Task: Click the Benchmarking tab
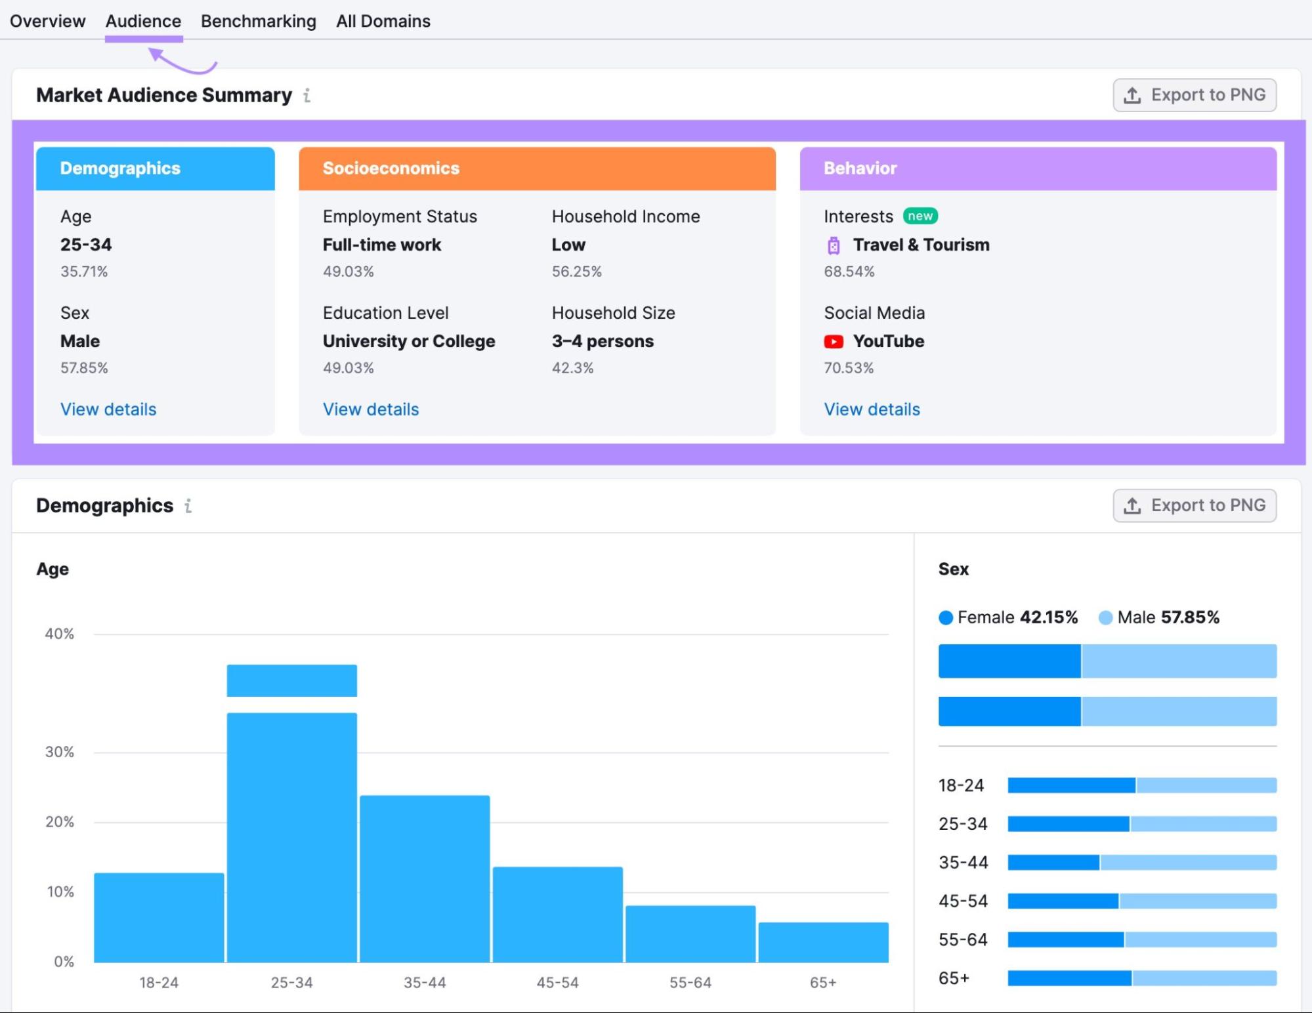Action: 258,21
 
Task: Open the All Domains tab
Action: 383,21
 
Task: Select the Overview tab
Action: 47,21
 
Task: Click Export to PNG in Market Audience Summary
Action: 1194,95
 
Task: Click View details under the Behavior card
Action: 872,409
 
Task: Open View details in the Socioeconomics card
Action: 370,409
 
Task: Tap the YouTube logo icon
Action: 834,341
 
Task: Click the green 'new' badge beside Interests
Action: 920,216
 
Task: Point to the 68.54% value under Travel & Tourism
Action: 849,272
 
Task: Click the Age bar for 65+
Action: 823,942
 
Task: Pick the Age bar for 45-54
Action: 557,915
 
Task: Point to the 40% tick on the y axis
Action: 59,634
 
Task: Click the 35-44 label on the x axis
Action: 425,982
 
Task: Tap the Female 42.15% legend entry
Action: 1008,617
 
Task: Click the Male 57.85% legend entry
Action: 1159,617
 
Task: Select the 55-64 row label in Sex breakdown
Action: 963,940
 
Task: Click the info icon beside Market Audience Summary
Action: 307,96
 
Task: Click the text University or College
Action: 408,341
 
